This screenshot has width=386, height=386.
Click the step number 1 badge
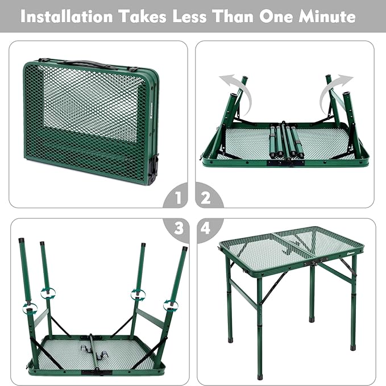(179, 198)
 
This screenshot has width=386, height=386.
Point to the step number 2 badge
(205, 198)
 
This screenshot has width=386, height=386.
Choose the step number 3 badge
(179, 229)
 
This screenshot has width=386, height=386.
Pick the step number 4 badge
(205, 229)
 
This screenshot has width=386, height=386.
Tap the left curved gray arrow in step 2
(229, 84)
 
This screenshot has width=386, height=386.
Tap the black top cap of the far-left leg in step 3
(22, 242)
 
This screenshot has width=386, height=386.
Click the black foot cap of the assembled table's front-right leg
(353, 345)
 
